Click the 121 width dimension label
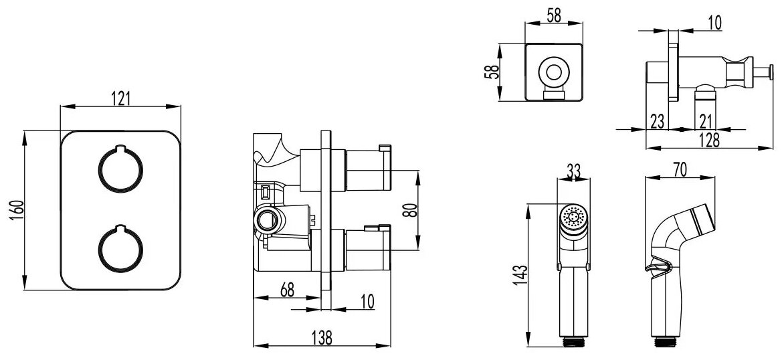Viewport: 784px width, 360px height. click(120, 98)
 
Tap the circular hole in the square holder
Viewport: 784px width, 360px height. click(553, 70)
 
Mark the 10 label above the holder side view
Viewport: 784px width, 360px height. click(714, 24)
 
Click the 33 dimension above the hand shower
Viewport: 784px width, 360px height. click(573, 171)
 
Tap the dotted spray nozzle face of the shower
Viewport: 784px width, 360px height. click(572, 217)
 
